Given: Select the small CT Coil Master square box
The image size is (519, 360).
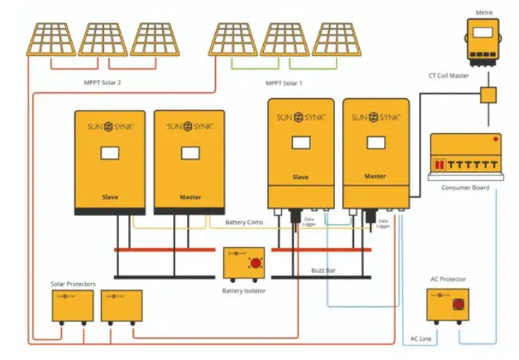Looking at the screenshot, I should point(486,95).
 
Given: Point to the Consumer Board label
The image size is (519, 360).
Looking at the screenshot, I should point(464,188).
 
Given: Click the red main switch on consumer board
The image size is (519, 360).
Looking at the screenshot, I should point(439,165).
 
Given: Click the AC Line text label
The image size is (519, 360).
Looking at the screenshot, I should point(420,339).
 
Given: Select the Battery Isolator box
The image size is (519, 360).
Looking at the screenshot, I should point(244,264).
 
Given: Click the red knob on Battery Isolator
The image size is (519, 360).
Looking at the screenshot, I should point(255,263).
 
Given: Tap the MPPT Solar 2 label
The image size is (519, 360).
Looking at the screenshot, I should point(102,83).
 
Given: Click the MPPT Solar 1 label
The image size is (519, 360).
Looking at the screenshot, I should point(283,83).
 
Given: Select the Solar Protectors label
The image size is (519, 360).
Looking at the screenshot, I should point(73,283).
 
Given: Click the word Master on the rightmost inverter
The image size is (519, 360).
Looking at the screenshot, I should point(375,177).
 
